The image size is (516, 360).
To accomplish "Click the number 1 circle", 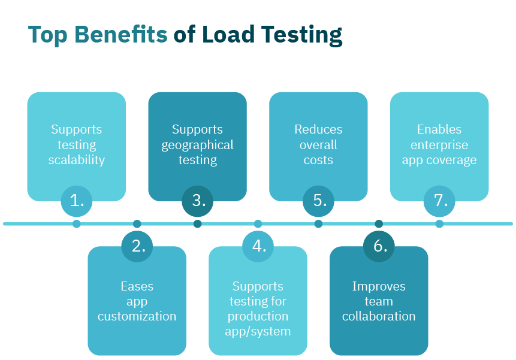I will (x=77, y=201).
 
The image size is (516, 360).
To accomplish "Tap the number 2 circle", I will (x=137, y=246).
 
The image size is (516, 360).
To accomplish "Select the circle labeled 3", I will (x=198, y=201).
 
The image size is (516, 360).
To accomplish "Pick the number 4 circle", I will (x=258, y=246).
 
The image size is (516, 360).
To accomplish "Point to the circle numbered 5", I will (x=319, y=201).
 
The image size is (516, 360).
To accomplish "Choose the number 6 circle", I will (x=379, y=246).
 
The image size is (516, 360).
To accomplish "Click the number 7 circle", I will (x=440, y=201).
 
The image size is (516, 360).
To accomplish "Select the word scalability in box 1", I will (x=77, y=160).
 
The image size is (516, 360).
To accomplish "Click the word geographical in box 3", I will (x=197, y=145).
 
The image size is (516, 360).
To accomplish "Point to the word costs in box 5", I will (x=318, y=160).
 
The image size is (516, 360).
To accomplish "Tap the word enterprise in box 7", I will (x=439, y=145).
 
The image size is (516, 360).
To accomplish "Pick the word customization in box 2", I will (x=137, y=316).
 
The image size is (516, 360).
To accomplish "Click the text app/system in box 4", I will (x=258, y=331).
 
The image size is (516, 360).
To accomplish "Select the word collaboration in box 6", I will (x=379, y=316).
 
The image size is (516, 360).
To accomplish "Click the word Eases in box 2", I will (x=137, y=286).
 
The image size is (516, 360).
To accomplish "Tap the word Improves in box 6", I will (x=379, y=286).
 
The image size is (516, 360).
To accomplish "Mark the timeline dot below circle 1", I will (x=77, y=224).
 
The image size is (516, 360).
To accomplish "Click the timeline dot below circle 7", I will (x=439, y=224).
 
